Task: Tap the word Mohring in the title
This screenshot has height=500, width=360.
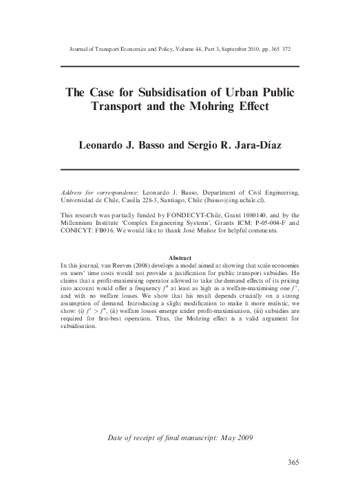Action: tap(230, 109)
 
